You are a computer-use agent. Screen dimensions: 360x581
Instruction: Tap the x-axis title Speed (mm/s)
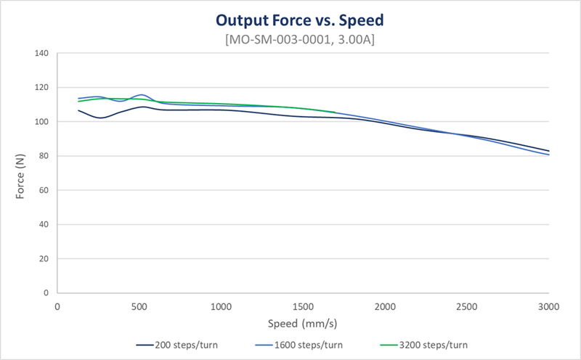click(x=303, y=322)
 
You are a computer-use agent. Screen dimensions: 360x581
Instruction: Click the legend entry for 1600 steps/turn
click(x=301, y=343)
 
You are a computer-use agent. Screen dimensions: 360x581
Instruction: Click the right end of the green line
click(x=335, y=112)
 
